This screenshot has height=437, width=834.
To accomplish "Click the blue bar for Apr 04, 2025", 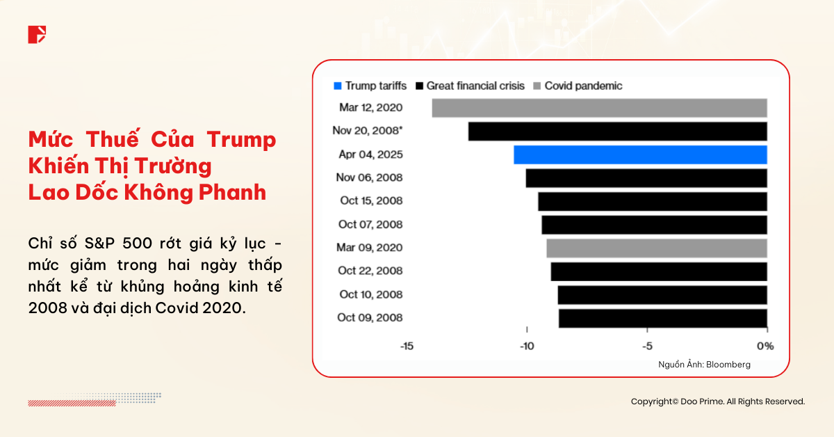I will tap(640, 154).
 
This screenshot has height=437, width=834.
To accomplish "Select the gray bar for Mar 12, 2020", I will tap(599, 108).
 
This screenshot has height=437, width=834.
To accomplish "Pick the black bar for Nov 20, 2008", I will tap(617, 132).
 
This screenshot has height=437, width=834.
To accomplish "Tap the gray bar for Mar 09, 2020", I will tap(656, 248).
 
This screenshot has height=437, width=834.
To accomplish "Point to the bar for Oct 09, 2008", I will tap(662, 318).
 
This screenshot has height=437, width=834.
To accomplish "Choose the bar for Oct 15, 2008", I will tap(652, 201).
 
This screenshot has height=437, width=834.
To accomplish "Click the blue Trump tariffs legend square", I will tap(338, 86).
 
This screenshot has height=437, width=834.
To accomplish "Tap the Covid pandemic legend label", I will tap(583, 86).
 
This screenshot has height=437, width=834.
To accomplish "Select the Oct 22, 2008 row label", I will tap(370, 271).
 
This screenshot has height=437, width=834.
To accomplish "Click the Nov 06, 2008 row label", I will tap(370, 177).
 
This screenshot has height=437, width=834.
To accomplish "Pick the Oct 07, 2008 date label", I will tap(370, 224).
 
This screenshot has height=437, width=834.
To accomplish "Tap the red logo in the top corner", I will tap(37, 34).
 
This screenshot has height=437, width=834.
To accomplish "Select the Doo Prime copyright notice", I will tap(717, 402).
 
